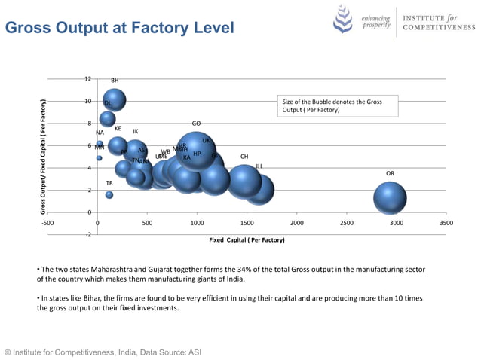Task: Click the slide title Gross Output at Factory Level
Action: [x=119, y=28]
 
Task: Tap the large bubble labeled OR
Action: [x=390, y=198]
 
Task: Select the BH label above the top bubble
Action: [x=115, y=81]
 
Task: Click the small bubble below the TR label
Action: [x=109, y=195]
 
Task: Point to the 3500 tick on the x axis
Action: [x=446, y=224]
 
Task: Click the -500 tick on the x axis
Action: [x=47, y=224]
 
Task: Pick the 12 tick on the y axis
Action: [x=88, y=79]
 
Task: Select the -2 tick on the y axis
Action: [x=87, y=235]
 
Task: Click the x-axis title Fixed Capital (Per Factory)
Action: [x=247, y=240]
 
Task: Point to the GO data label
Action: [x=196, y=124]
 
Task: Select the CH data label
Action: [x=244, y=157]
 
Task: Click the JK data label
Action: [x=135, y=132]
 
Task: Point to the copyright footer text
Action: [x=103, y=352]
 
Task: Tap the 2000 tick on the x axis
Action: [x=296, y=224]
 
